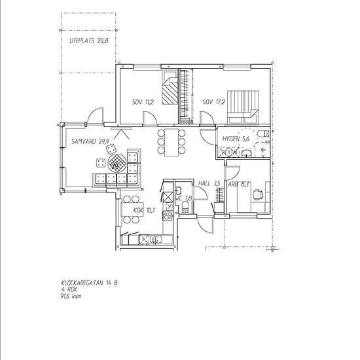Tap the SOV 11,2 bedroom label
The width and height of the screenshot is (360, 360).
click(142, 102)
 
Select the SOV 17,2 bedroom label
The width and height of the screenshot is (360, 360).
click(213, 102)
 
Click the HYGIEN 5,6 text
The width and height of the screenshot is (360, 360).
click(236, 139)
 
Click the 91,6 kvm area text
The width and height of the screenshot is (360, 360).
click(71, 297)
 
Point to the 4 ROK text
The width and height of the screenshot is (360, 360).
click(68, 290)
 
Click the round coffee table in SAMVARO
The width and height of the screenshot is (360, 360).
click(117, 161)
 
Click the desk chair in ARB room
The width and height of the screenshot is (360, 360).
click(258, 194)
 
